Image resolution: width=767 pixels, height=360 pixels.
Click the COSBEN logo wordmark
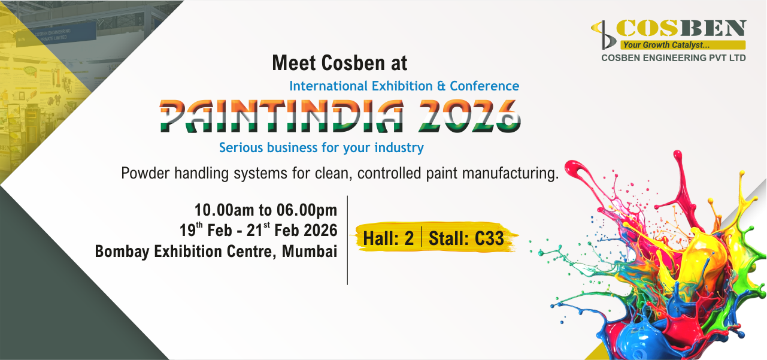(681, 28)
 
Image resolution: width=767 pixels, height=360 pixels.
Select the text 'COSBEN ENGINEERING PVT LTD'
(674, 58)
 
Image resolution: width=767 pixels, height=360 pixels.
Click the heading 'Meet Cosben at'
(339, 62)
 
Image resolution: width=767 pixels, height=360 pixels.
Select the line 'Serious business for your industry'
(321, 147)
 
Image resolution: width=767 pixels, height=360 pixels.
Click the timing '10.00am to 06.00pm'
(265, 210)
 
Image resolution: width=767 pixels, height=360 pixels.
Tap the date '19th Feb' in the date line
(206, 230)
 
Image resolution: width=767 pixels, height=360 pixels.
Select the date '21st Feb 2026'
(295, 230)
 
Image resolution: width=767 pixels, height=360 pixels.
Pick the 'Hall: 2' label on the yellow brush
(388, 238)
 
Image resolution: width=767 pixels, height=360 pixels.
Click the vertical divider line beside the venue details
(347, 240)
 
